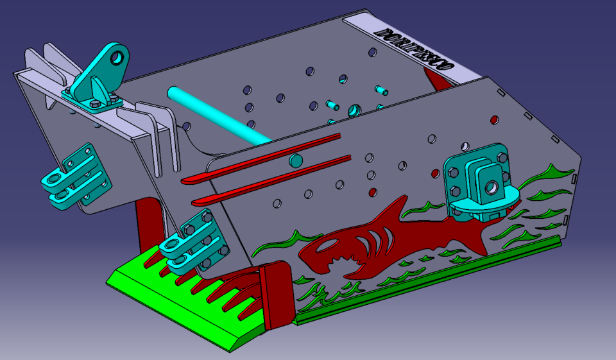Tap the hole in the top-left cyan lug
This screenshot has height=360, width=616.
point(117,58)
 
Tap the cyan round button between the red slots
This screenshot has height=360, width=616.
point(296,160)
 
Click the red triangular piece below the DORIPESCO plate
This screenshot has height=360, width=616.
point(437,81)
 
